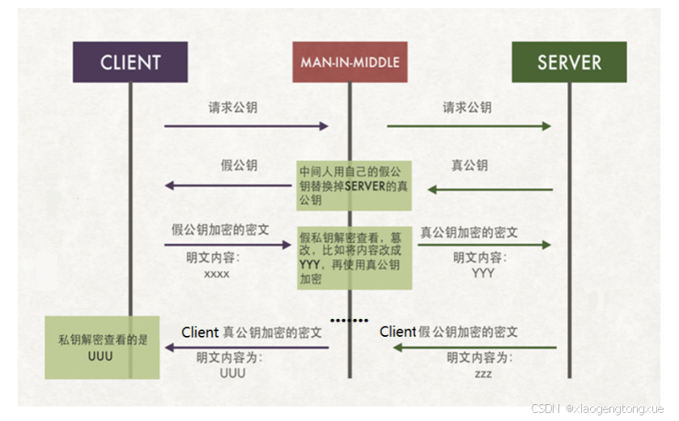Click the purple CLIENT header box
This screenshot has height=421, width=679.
[130, 62]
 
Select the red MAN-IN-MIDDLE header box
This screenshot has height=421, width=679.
[350, 62]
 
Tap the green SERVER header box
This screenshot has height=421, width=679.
[569, 62]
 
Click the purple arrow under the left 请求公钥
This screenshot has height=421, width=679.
[246, 126]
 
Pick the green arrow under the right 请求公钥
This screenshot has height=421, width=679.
[469, 126]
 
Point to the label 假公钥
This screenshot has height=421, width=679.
[239, 165]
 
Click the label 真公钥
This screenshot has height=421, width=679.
[469, 165]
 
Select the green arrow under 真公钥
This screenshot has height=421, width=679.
[490, 189]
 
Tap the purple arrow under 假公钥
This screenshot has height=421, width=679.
[230, 185]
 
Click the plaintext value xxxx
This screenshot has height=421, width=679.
[216, 274]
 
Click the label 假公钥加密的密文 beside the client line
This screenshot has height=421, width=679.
[220, 230]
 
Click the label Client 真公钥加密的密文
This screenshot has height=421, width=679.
[252, 332]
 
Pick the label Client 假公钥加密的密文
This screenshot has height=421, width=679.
[448, 332]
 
